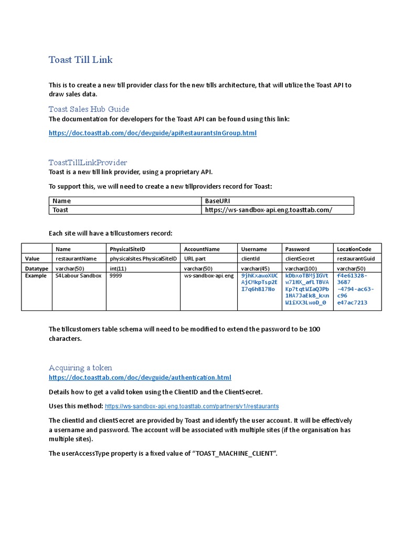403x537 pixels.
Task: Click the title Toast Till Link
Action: point(80,60)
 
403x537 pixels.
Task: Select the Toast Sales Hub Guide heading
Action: point(89,109)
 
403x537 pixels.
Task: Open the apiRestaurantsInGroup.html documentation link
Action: point(153,133)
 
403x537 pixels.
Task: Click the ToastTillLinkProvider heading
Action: point(88,163)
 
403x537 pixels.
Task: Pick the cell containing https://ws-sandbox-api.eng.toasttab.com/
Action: point(268,210)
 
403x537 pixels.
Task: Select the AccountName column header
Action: point(201,249)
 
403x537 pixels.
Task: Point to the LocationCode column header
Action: point(354,249)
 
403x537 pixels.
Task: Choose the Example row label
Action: point(36,276)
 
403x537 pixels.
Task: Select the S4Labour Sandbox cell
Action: point(78,276)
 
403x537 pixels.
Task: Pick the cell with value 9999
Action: point(116,276)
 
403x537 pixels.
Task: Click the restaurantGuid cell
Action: point(356,259)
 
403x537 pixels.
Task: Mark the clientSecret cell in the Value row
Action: point(299,259)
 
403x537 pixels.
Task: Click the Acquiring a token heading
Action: point(80,368)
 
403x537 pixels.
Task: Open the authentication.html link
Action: point(140,378)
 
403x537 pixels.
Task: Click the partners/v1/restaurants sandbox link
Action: point(192,406)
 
